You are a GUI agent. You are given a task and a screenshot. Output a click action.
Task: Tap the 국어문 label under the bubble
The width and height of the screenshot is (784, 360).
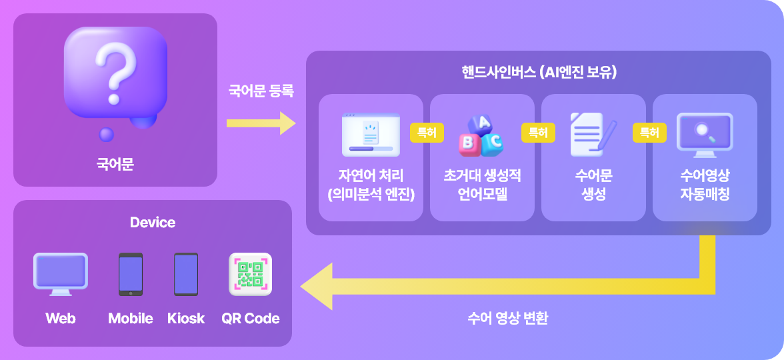tap(115, 163)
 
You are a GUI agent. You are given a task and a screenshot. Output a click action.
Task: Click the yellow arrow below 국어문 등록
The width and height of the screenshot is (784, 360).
tap(261, 123)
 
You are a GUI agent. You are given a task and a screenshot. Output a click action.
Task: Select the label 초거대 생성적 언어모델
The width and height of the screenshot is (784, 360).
tap(482, 185)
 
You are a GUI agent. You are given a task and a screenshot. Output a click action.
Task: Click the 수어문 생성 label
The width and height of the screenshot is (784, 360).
tap(593, 185)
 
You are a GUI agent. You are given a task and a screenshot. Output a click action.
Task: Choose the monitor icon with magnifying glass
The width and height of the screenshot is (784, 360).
tap(705, 134)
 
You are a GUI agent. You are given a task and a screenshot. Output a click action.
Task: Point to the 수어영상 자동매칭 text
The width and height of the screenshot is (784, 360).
tap(705, 185)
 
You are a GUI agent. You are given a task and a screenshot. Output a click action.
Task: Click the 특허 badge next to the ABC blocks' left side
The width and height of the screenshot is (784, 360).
tap(427, 133)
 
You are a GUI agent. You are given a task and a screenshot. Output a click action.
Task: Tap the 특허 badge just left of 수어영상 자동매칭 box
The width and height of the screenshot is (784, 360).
tap(649, 133)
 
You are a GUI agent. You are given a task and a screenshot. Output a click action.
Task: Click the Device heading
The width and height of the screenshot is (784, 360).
tap(153, 223)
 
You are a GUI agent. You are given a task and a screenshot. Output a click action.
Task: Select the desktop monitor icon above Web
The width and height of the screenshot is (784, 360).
tap(61, 274)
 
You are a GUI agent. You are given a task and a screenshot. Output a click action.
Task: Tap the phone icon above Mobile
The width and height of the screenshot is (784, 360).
tap(131, 274)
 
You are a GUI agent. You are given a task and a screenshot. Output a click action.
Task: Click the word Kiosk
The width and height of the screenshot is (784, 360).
tap(186, 319)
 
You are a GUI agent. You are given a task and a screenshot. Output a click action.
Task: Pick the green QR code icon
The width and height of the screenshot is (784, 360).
tap(250, 274)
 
